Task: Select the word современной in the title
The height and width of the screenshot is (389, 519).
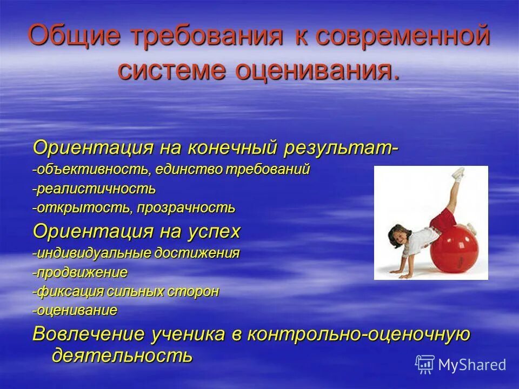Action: [403, 37]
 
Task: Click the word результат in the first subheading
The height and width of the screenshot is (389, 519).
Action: [341, 147]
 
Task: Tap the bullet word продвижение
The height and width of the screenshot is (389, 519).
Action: [82, 272]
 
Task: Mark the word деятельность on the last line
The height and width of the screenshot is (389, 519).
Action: [122, 356]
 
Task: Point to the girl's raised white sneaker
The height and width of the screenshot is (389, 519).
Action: [457, 173]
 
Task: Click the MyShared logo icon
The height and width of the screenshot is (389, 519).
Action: [425, 364]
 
